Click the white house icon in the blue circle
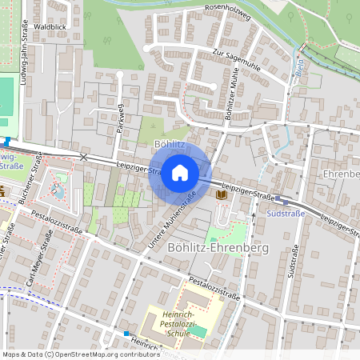point(180,172)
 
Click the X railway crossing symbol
point(83,157)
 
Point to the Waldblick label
point(50,27)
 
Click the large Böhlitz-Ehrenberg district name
point(218,248)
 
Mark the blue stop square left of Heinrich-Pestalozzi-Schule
point(126,333)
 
